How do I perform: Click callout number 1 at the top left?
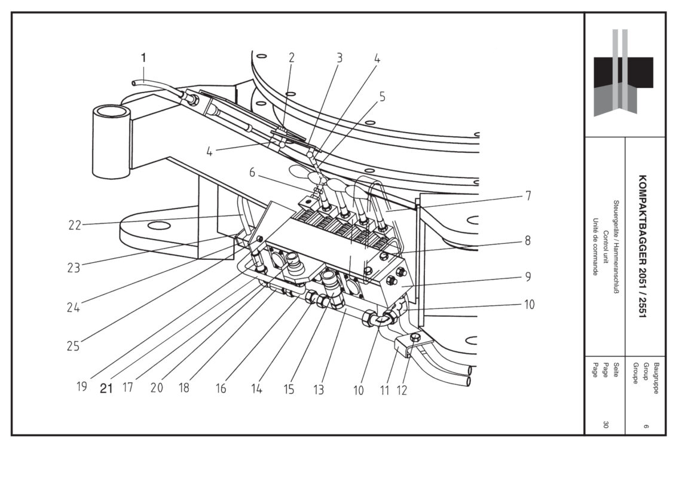(143, 58)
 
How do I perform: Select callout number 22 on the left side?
(75, 225)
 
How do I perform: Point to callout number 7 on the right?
(528, 195)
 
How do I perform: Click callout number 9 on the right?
(528, 277)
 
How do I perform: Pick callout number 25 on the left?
(73, 346)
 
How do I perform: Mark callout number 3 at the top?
(339, 58)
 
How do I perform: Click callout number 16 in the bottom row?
(221, 389)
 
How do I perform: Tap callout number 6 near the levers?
(252, 172)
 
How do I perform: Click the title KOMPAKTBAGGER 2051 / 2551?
(643, 246)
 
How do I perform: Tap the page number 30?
(605, 425)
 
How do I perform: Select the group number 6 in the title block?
(646, 425)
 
